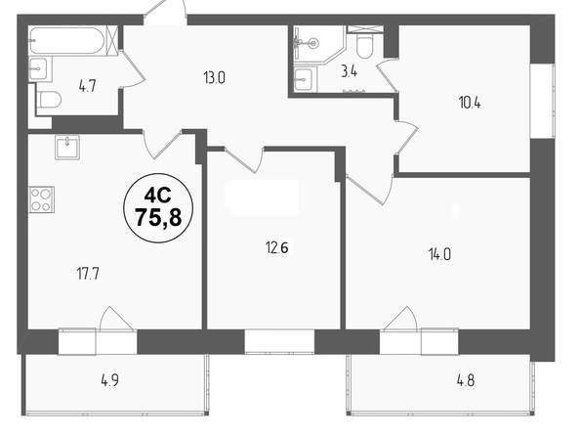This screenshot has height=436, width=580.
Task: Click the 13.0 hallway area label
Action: (214, 78)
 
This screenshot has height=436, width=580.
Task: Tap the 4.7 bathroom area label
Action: (87, 86)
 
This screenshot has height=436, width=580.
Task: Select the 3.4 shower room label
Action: (349, 71)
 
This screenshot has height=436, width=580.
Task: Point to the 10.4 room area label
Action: (470, 103)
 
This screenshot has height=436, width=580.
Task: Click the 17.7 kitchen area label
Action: (88, 275)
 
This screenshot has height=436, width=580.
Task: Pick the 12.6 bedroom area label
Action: (276, 247)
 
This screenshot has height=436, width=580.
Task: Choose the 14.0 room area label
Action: (439, 255)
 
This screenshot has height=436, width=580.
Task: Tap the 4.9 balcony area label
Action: (109, 380)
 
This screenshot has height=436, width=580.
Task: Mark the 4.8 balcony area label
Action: (466, 380)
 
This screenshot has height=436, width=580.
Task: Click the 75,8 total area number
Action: (158, 217)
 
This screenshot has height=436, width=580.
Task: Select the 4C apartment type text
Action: (157, 195)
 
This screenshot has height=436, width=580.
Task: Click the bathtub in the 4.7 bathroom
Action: (68, 40)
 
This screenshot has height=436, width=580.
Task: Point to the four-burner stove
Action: (42, 199)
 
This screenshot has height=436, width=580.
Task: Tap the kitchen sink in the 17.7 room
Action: (67, 147)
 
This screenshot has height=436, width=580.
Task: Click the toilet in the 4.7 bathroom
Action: (49, 100)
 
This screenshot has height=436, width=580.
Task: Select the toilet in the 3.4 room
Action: (365, 47)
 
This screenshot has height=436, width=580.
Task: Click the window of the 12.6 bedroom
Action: (279, 341)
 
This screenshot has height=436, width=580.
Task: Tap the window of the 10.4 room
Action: (542, 101)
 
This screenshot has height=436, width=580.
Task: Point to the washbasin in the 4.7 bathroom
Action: (38, 68)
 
